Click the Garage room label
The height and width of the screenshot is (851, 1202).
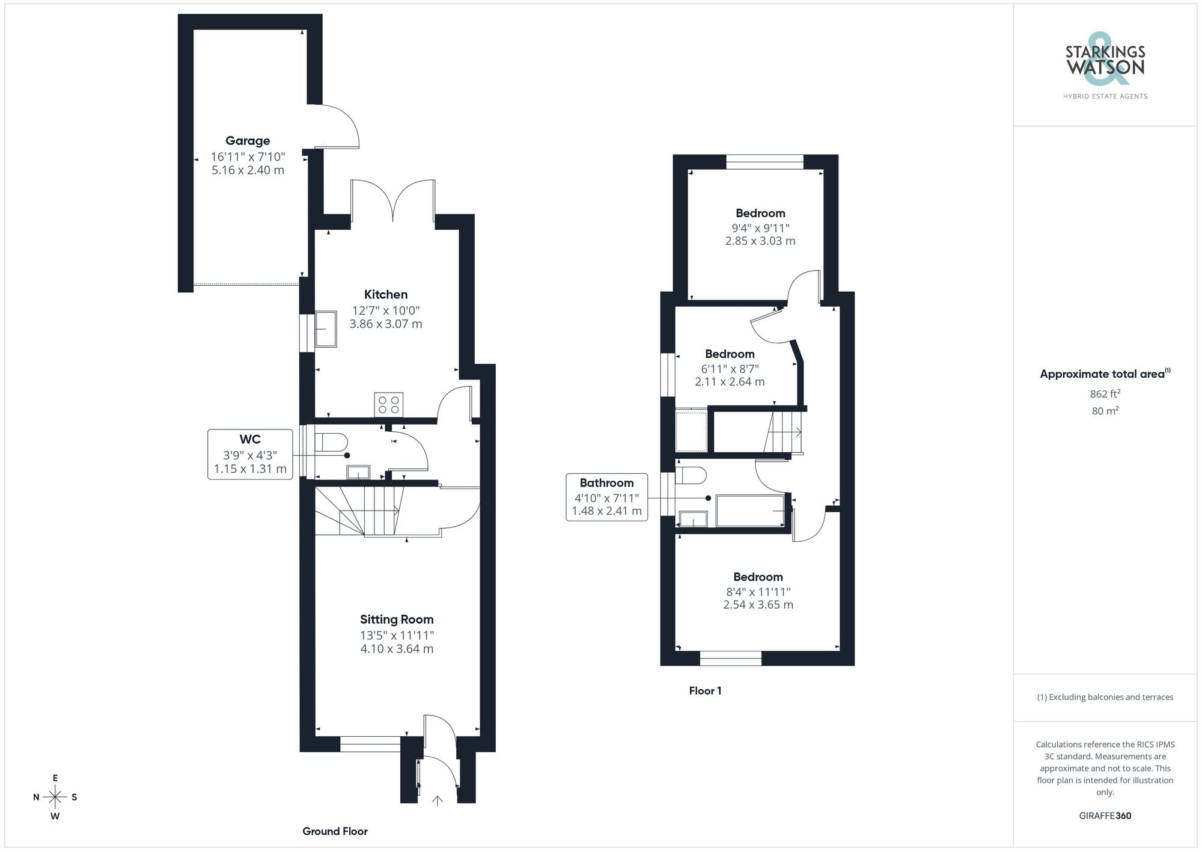tap(248, 141)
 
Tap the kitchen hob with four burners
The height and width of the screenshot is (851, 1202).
tap(388, 404)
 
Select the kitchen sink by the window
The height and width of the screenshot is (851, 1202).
tap(326, 329)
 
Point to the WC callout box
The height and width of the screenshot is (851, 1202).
tap(250, 454)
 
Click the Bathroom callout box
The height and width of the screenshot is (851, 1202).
tap(606, 497)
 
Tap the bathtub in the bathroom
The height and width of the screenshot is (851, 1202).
tap(751, 511)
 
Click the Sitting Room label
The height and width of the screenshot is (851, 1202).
tap(397, 619)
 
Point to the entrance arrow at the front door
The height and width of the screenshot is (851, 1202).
tap(438, 800)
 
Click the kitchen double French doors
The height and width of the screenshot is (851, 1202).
tap(393, 201)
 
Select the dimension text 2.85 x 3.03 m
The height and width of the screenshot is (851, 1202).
tap(760, 241)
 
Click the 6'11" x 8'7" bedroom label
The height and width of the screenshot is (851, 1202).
tap(730, 368)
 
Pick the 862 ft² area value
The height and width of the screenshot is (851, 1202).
tap(1105, 394)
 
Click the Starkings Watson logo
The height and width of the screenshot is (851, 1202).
tap(1105, 66)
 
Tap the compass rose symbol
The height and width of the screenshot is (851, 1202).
tap(55, 797)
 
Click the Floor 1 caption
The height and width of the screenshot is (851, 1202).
tap(705, 691)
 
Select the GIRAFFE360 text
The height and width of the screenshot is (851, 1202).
tap(1105, 816)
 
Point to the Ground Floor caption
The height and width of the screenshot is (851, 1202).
tap(335, 831)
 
